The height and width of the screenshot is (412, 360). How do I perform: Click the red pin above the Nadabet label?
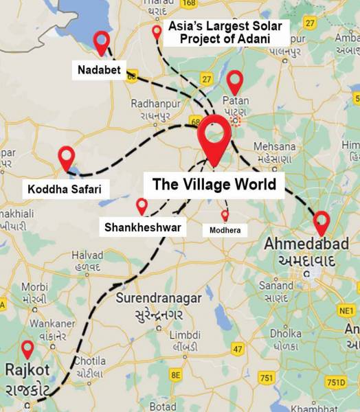pyautogui.click(x=102, y=42)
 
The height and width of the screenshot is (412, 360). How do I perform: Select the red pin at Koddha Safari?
pyautogui.click(x=67, y=157)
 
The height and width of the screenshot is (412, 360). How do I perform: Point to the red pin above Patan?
pyautogui.click(x=236, y=81)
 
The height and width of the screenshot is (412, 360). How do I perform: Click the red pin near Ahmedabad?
pyautogui.click(x=321, y=222)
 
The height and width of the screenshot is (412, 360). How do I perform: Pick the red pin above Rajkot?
pyautogui.click(x=27, y=349)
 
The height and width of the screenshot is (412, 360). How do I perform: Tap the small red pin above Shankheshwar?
pyautogui.click(x=142, y=205)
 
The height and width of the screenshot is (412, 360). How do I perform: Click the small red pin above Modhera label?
pyautogui.click(x=225, y=215)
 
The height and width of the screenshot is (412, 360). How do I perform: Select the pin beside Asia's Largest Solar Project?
pyautogui.click(x=157, y=32)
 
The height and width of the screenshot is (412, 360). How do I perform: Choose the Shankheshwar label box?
pyautogui.click(x=145, y=227)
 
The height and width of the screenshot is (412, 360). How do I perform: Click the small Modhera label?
pyautogui.click(x=225, y=231)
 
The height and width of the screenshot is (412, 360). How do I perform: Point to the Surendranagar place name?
pyautogui.click(x=159, y=298)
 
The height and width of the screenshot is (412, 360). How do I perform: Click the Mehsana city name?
pyautogui.click(x=275, y=146)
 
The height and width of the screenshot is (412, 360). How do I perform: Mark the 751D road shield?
pyautogui.click(x=336, y=382)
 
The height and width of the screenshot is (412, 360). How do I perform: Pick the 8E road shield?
pyautogui.click(x=175, y=374)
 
